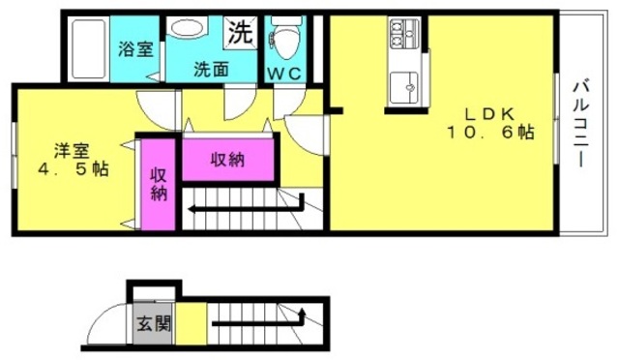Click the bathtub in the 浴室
click(x=88, y=49)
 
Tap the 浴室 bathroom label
click(x=135, y=49)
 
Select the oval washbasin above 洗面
click(x=187, y=27)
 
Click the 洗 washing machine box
click(x=240, y=33)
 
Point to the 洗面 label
click(x=211, y=70)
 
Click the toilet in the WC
click(x=286, y=39)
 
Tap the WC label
click(x=285, y=74)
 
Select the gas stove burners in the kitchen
click(x=404, y=32)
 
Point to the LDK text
click(x=489, y=114)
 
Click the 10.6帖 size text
click(x=490, y=133)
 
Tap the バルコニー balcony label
click(x=580, y=123)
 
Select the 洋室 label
click(x=72, y=151)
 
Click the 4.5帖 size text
click(x=74, y=169)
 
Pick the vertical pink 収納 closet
click(x=159, y=185)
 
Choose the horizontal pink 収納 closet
click(x=228, y=160)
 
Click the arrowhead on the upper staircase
click(x=192, y=209)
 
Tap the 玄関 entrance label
click(x=153, y=323)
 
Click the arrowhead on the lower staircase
click(x=303, y=313)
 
